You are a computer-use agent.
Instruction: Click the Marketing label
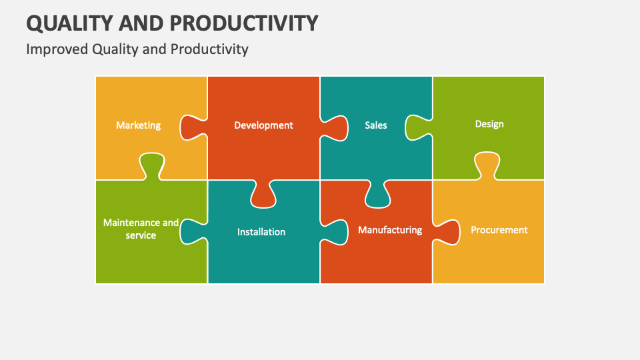tap(138, 125)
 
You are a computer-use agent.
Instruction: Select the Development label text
tap(263, 125)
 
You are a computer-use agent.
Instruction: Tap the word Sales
tap(375, 125)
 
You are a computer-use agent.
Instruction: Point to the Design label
tap(489, 124)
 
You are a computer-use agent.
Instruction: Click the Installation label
tap(261, 232)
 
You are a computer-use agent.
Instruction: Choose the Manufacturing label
tap(390, 230)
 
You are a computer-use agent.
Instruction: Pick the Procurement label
tap(499, 230)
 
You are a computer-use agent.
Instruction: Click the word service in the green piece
tap(141, 235)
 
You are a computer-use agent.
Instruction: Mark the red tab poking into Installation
tap(263, 195)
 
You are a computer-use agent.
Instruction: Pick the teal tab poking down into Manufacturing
tap(377, 195)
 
